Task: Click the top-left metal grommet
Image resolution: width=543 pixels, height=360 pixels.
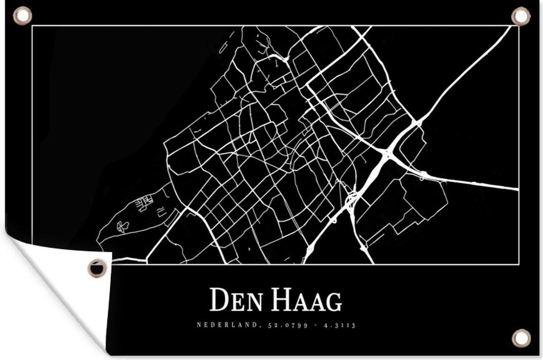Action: coord(22,16)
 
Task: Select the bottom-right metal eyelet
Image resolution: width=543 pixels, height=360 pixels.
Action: coord(521,338)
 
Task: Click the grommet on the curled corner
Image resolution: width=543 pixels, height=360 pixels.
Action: coord(97,268)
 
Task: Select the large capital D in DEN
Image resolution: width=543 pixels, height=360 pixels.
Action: coord(219,300)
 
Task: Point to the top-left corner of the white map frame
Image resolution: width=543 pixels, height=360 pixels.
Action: coord(32,26)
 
